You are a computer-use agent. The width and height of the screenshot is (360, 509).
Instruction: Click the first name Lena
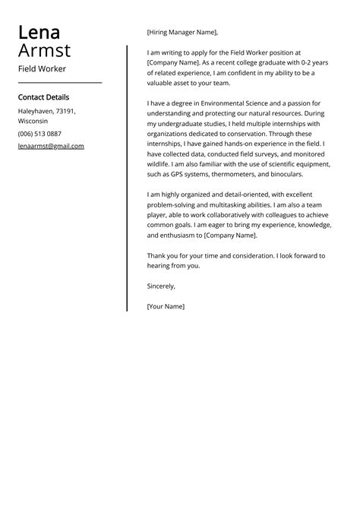click(x=39, y=32)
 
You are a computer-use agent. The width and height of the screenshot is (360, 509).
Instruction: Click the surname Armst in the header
click(x=44, y=51)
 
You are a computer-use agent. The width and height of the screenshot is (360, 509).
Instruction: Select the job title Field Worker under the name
click(x=43, y=68)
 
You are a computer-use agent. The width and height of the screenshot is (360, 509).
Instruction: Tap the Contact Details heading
click(x=43, y=97)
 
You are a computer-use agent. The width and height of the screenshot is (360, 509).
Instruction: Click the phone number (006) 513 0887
click(x=39, y=133)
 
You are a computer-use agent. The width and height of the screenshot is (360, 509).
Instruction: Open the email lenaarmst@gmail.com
click(x=51, y=146)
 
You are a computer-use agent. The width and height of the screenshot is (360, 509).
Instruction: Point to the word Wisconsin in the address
click(x=33, y=121)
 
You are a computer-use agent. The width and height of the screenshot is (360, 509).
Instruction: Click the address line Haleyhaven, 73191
click(x=47, y=111)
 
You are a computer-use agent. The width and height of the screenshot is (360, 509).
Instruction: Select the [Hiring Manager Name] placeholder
click(x=182, y=33)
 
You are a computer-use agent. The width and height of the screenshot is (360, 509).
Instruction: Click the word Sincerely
click(x=161, y=286)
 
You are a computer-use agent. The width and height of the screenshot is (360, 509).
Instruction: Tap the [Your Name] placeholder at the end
click(x=166, y=306)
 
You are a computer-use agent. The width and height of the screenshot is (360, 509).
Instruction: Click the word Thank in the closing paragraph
click(x=156, y=255)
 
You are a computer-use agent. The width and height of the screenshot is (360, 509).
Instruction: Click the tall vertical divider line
click(x=127, y=179)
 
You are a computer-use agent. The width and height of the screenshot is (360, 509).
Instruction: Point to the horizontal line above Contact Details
click(x=59, y=82)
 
